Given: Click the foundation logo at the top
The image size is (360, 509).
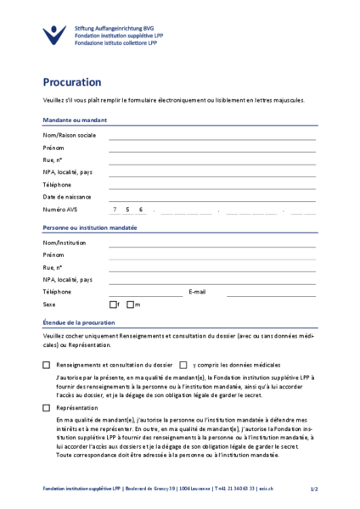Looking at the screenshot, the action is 53,34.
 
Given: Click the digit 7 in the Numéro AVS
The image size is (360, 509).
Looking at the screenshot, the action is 114,210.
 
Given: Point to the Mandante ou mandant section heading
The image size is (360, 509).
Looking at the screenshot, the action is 75,120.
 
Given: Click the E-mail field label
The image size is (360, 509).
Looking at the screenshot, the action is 197,292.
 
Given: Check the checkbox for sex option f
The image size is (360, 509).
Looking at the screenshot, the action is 113,305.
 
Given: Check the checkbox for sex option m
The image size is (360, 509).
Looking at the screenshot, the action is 129,305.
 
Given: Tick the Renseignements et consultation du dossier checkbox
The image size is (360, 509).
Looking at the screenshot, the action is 47,365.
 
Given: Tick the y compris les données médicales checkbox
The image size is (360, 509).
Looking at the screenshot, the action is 183,365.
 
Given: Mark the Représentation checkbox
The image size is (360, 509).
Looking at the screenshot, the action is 47,408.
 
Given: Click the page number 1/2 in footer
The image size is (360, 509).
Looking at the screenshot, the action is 313,489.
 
